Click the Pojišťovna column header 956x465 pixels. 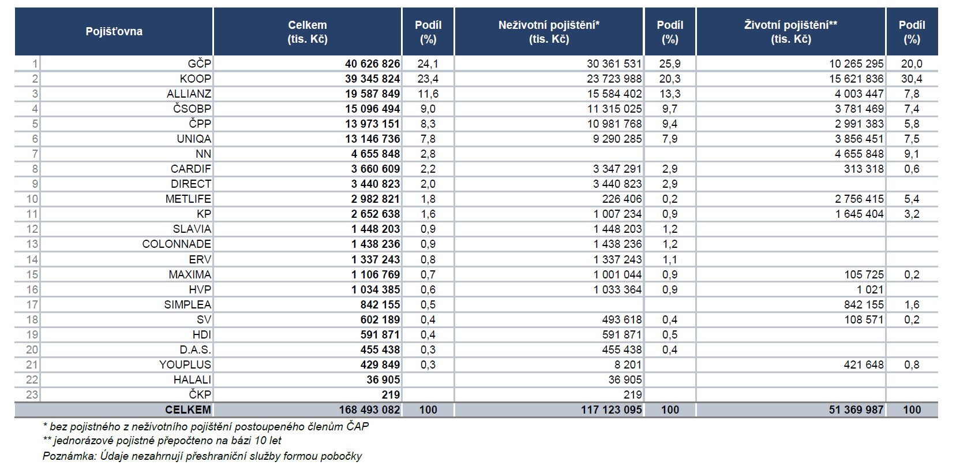114,32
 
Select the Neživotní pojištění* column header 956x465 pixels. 549,32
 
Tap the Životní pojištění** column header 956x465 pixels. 791,32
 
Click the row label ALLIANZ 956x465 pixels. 189,94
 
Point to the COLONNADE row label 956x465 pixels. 177,244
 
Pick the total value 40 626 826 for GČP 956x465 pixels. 373,64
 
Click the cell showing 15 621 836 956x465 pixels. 856,79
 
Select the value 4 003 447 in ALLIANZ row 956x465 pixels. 859,94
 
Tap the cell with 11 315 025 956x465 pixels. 614,109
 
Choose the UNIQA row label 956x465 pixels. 194,139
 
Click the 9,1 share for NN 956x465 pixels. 912,154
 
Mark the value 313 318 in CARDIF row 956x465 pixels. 864,169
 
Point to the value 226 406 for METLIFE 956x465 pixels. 622,199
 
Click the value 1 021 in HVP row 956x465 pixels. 871,290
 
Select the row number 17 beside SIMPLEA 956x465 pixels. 32,305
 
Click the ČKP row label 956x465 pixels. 200,395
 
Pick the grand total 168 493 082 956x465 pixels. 370,410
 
